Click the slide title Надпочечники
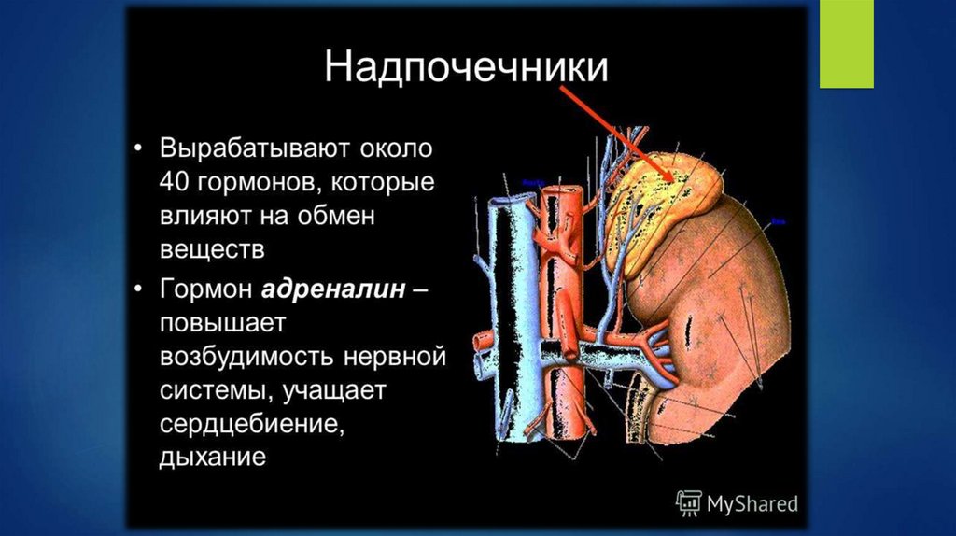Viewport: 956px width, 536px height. tap(466, 68)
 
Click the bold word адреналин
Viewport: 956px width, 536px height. tap(333, 289)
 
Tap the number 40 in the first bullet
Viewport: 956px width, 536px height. tap(175, 182)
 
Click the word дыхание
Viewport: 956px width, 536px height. tap(213, 458)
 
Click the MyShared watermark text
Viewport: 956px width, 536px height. tap(751, 503)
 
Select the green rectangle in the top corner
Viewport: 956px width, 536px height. tap(846, 44)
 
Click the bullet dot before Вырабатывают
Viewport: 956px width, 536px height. tap(138, 149)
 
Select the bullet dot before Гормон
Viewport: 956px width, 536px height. tap(138, 289)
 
